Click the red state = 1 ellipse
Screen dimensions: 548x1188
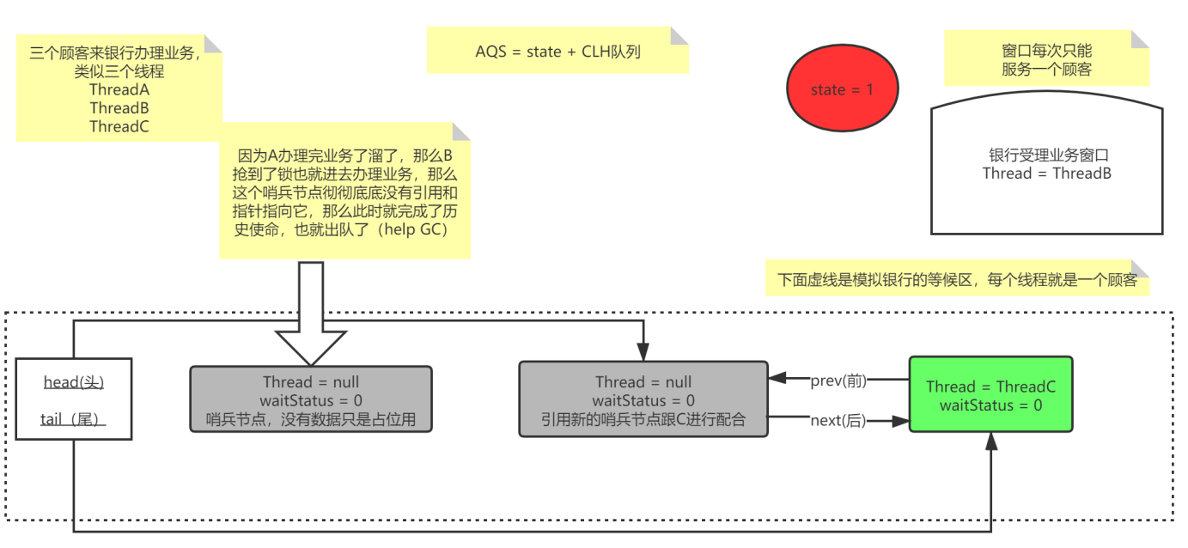tap(842, 89)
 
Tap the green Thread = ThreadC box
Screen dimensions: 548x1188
tap(990, 394)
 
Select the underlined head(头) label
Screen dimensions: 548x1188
tap(74, 382)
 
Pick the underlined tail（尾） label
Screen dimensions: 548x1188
tap(74, 418)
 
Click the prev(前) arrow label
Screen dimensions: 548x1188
tap(838, 381)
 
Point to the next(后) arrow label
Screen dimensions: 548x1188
tap(838, 421)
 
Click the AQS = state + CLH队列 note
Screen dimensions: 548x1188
tap(557, 52)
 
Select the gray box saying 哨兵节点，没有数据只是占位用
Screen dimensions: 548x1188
tap(311, 400)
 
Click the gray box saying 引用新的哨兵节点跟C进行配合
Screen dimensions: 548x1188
tap(643, 399)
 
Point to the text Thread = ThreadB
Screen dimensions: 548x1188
tap(1047, 174)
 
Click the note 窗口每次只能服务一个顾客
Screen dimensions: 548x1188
tap(1046, 60)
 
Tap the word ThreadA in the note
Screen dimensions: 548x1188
tap(119, 89)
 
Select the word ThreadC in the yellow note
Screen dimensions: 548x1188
tap(119, 126)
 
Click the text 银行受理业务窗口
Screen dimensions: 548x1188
tap(1047, 155)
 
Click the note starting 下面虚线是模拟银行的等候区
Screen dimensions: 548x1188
tap(957, 280)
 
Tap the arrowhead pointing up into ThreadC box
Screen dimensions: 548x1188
tap(991, 440)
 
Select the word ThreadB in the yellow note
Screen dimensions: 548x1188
tap(119, 108)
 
